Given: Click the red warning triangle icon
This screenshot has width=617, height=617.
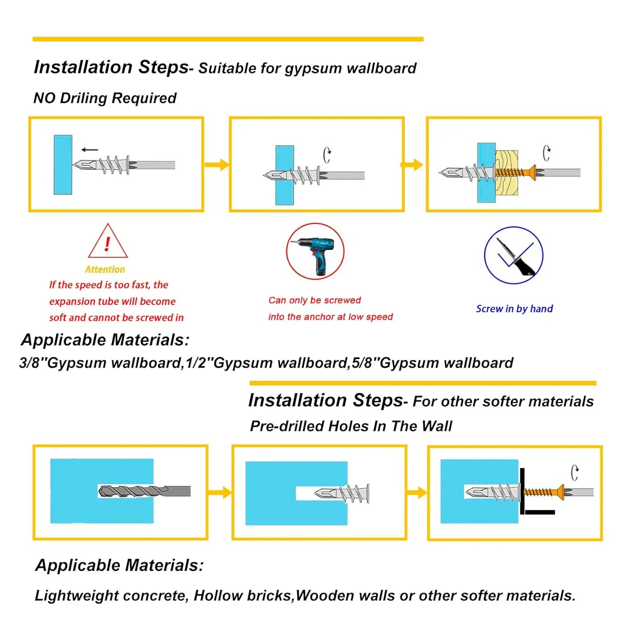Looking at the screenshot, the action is [x=108, y=241].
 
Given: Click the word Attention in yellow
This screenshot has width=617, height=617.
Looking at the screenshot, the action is [x=105, y=269].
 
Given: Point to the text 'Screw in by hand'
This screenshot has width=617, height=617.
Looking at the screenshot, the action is [x=514, y=309].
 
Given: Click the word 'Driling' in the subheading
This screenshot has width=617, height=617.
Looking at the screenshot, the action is [x=83, y=98].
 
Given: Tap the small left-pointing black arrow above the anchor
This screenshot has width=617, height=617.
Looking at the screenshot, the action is [x=90, y=149].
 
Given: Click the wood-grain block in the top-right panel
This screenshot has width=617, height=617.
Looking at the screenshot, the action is [x=506, y=173].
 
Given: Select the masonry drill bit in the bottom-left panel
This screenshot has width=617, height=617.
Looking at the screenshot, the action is [x=144, y=491].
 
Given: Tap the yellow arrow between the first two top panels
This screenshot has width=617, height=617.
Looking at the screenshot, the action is [x=217, y=165].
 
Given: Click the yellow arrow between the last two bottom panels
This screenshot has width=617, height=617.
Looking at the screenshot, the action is [x=417, y=493].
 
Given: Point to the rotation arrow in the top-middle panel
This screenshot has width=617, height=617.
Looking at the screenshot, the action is [x=327, y=155].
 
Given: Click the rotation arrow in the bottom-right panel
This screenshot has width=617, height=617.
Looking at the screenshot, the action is [x=575, y=473].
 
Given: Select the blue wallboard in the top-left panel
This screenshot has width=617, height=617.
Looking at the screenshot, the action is [x=63, y=164].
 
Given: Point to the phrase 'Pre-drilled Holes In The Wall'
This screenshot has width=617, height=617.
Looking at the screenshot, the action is [x=351, y=426].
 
